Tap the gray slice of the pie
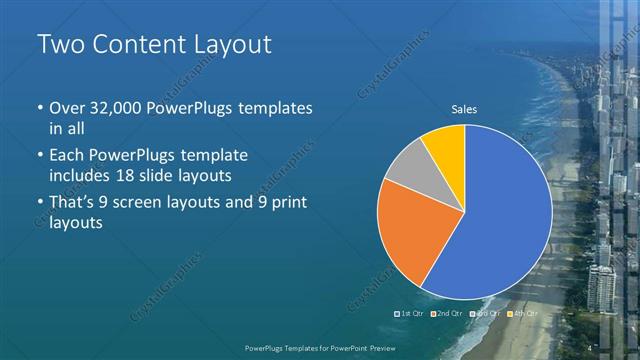coord(408,165)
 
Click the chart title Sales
coord(464,109)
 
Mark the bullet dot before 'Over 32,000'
coord(39,108)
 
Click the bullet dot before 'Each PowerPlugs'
coord(39,156)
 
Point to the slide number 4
coord(591,347)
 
